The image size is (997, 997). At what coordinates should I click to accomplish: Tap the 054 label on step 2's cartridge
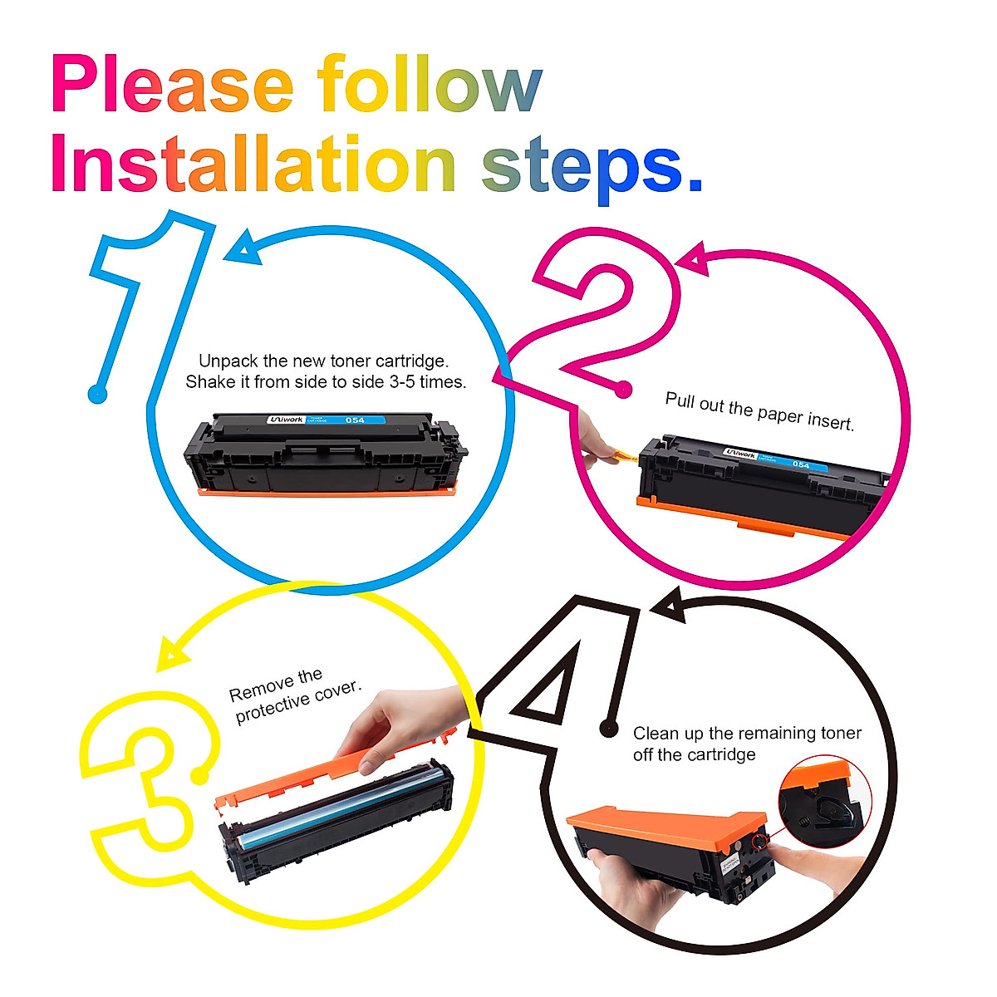[x=801, y=464]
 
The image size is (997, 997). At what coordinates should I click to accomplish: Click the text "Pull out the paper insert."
[x=759, y=411]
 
